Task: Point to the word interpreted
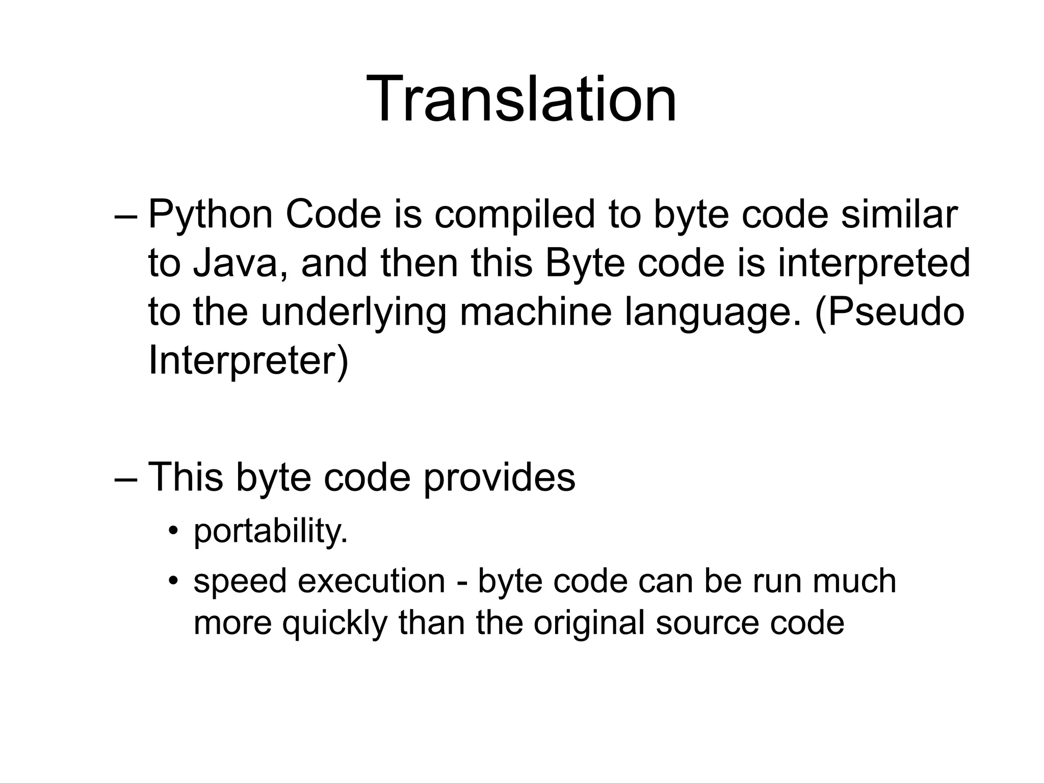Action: coord(873,264)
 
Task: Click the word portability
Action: coord(271,531)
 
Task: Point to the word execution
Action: coord(372,581)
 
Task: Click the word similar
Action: coord(899,215)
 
